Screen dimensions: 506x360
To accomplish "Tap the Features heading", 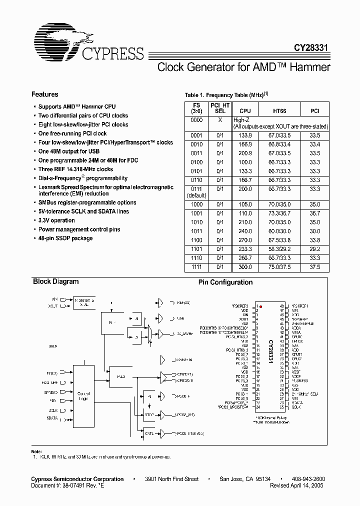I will (44, 94).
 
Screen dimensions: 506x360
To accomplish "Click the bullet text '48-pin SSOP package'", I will (65, 238).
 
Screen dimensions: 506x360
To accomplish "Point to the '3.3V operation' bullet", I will (56, 220).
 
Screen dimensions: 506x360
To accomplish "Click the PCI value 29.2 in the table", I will (314, 249).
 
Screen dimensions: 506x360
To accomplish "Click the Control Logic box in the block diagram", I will (83, 396).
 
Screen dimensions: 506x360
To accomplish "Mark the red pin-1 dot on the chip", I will (260, 306).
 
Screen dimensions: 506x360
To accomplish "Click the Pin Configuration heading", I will (225, 282).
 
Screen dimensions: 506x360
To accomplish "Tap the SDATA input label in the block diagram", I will (52, 418).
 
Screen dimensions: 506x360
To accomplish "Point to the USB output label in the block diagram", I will (179, 318).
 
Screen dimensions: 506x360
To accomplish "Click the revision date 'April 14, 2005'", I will (310, 485).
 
